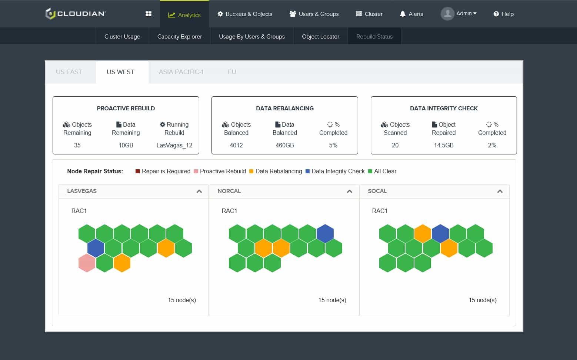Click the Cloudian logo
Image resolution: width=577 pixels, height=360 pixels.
click(x=76, y=14)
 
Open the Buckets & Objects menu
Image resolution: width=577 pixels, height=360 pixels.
click(x=245, y=14)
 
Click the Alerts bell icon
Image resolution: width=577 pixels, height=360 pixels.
click(x=402, y=14)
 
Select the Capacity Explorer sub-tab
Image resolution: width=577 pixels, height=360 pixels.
click(x=180, y=37)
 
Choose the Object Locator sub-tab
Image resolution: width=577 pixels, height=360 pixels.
click(x=320, y=37)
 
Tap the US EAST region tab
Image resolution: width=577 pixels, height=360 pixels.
click(x=69, y=72)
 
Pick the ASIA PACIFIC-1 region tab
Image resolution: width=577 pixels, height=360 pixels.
click(x=181, y=72)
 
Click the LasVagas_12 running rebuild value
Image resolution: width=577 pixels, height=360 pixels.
click(x=174, y=145)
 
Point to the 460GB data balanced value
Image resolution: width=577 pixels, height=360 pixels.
click(x=285, y=145)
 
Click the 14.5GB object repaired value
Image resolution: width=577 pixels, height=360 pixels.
click(x=444, y=145)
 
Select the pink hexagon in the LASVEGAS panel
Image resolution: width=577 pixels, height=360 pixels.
click(x=87, y=263)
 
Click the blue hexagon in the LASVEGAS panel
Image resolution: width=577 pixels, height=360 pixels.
click(x=96, y=248)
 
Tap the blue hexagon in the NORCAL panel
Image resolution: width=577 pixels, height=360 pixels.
click(x=325, y=233)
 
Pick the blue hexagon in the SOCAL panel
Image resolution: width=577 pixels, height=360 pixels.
click(x=440, y=233)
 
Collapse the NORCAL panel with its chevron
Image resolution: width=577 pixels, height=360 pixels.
click(x=350, y=191)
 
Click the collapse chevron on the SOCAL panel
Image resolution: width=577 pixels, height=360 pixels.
click(x=500, y=191)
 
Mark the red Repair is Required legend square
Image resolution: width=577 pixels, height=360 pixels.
click(x=138, y=171)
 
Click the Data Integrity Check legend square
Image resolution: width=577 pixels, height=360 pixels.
click(x=307, y=171)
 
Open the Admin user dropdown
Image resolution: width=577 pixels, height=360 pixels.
click(x=459, y=14)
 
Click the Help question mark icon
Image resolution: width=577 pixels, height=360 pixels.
click(x=496, y=14)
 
